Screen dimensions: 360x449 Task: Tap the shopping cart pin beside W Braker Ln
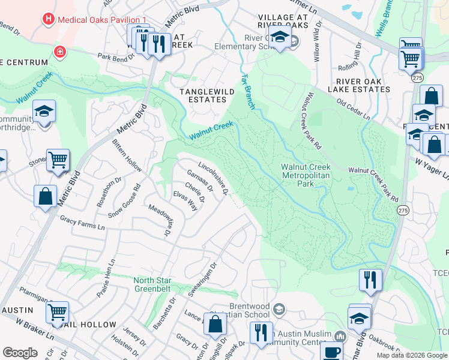(57, 312)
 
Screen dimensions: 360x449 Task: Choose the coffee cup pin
(331, 352)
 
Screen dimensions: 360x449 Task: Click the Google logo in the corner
(20, 353)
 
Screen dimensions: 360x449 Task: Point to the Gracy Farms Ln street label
(82, 223)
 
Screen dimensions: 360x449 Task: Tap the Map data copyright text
(412, 355)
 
